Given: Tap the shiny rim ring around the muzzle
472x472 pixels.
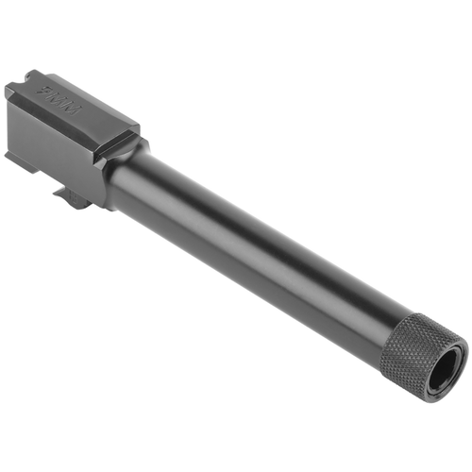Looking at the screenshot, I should click(x=458, y=352).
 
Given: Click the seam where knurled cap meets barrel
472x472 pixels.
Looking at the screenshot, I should click(x=394, y=326).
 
